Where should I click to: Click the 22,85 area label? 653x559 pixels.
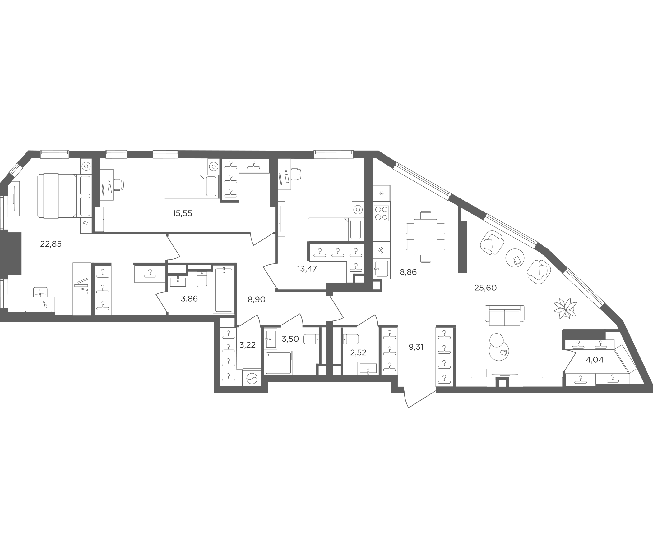(51, 244)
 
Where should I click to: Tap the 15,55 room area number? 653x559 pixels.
(182, 213)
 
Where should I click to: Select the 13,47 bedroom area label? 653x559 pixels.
(307, 269)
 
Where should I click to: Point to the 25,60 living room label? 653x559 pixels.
(485, 288)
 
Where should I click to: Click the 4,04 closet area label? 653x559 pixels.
(594, 360)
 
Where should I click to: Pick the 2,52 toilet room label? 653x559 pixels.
(358, 352)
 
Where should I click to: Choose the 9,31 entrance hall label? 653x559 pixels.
(416, 347)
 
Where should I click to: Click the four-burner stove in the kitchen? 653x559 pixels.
(381, 213)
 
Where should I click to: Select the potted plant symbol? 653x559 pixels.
(565, 308)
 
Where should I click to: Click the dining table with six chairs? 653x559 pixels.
(425, 237)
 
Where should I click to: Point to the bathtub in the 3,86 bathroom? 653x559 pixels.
(224, 290)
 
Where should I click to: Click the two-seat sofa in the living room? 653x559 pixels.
(505, 316)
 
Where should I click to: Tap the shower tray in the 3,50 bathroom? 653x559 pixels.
(279, 363)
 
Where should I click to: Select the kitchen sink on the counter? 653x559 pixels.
(381, 269)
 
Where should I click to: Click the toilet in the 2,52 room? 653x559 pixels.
(350, 339)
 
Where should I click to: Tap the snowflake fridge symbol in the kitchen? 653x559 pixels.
(381, 193)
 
